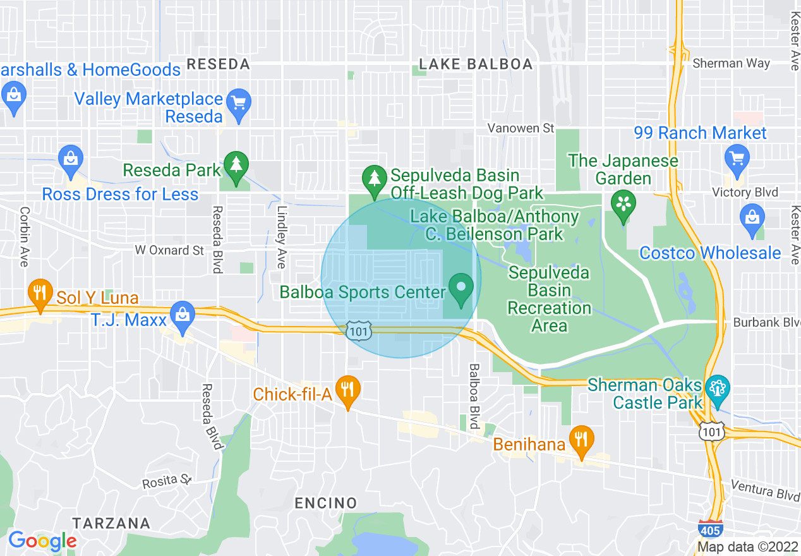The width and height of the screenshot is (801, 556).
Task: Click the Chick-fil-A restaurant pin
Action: [347, 389]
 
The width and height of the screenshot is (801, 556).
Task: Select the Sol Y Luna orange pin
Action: [40, 293]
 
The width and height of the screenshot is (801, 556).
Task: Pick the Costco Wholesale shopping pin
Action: [752, 219]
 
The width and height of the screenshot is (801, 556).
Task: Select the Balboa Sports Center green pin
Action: [461, 288]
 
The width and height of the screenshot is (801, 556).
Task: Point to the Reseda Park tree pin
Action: [236, 166]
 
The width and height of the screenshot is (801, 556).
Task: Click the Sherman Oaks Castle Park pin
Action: [717, 388]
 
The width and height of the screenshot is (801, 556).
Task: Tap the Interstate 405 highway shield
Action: [710, 528]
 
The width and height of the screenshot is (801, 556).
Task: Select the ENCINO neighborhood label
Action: [326, 504]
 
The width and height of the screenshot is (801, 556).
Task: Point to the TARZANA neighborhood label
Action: [111, 523]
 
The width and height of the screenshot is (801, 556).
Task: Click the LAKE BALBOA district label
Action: [476, 64]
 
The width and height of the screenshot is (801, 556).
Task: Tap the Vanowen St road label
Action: [521, 128]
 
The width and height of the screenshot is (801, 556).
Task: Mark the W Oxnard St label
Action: [170, 250]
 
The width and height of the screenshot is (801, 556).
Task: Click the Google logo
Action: [42, 541]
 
